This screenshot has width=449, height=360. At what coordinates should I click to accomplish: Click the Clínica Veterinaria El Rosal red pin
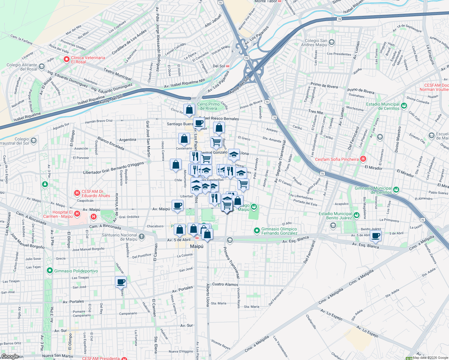point(66,59)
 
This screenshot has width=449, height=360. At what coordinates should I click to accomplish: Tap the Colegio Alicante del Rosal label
point(22,67)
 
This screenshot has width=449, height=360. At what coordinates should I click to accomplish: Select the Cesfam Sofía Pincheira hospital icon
point(363,159)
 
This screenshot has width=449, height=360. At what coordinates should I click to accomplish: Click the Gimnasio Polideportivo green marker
point(50,271)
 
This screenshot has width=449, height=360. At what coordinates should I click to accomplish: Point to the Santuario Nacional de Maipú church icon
point(142,237)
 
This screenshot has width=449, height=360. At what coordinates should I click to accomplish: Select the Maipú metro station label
point(197,246)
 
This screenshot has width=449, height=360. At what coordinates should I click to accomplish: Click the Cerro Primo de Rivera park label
point(208,106)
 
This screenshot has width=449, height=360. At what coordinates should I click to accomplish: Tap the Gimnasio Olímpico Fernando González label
point(279,231)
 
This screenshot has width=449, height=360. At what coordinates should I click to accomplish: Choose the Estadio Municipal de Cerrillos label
point(383,106)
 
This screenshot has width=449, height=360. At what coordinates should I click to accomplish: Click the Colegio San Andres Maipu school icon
point(332,42)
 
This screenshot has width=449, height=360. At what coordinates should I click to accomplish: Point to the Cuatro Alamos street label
point(225,284)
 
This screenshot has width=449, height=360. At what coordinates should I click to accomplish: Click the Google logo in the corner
point(10,356)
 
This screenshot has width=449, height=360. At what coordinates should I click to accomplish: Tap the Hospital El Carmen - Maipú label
point(58,214)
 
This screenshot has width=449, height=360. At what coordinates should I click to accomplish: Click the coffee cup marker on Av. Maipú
point(178,205)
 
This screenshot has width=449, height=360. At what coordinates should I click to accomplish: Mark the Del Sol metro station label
point(219,66)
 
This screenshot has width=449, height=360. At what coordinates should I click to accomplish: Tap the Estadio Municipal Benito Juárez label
point(335,216)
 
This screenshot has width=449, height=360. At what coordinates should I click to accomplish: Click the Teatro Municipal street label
point(117,74)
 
